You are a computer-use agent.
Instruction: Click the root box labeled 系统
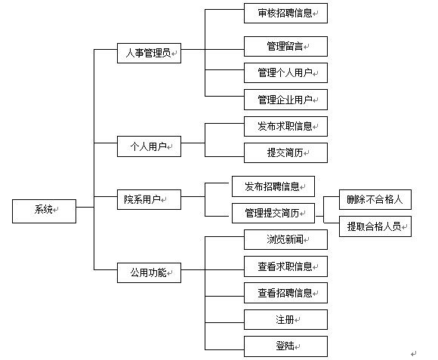pos(44,211)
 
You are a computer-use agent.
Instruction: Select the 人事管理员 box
pos(149,53)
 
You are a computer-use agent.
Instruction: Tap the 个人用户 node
pos(149,146)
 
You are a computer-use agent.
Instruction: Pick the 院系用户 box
pos(149,199)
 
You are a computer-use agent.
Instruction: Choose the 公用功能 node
pos(149,272)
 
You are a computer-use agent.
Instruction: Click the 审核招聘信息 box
pos(285,13)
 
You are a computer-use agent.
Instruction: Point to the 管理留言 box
pos(285,46)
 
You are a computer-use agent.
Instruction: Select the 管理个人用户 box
pos(285,73)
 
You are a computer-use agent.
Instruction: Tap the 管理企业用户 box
pos(285,100)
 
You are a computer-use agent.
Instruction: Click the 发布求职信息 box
pos(285,127)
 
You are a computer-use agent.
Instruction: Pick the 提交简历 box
pos(285,152)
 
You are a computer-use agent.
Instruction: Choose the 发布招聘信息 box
pos(273,186)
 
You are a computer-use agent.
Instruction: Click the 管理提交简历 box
pos(273,214)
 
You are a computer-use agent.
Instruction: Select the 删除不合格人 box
pos(375,199)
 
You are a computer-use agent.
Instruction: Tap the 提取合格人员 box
pos(375,226)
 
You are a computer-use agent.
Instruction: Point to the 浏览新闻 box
pos(285,239)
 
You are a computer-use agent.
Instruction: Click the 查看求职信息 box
pos(285,266)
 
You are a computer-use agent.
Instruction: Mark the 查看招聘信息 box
pos(285,293)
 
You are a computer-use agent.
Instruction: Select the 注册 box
pos(285,319)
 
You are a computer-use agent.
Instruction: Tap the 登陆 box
pos(285,346)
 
